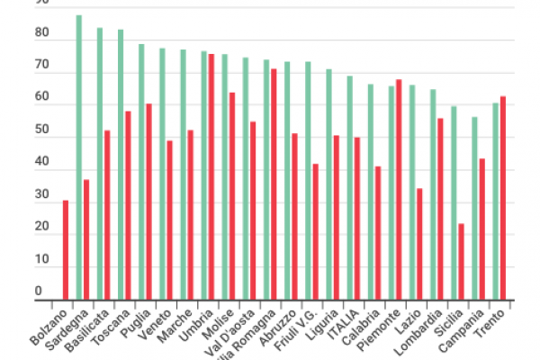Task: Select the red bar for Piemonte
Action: [399, 189]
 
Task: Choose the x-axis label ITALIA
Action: [343, 322]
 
